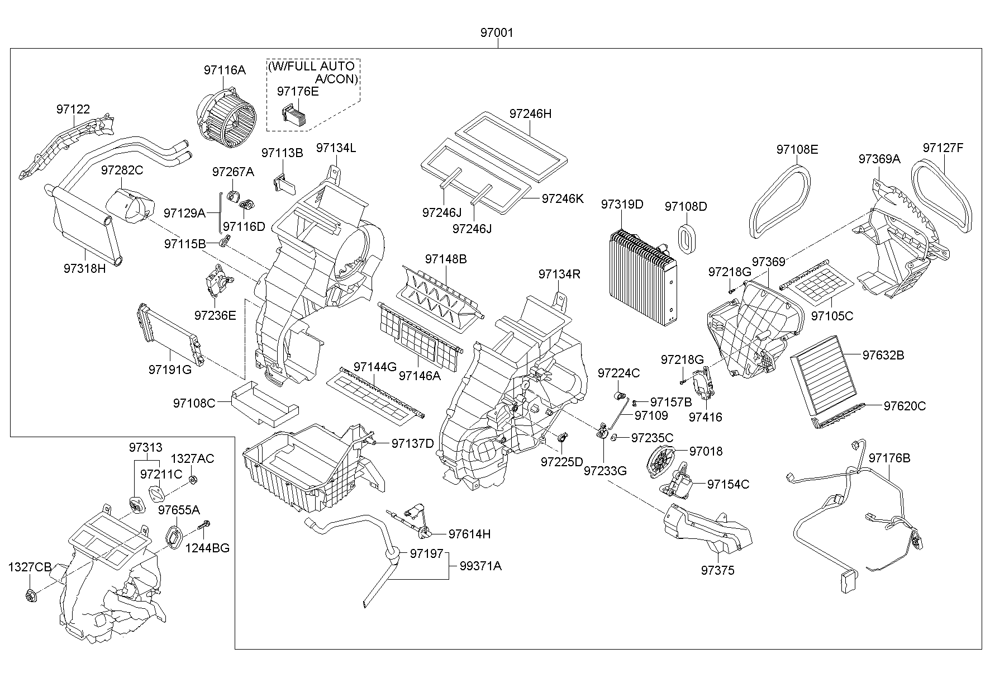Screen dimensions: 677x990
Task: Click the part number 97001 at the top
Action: click(x=496, y=33)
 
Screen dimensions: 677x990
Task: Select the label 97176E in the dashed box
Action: click(x=298, y=91)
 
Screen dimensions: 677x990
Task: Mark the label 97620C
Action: click(x=905, y=406)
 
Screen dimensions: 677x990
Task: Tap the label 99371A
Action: click(x=480, y=566)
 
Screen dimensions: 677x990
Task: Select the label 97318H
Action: click(x=84, y=268)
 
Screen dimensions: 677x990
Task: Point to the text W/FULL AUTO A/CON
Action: click(x=313, y=73)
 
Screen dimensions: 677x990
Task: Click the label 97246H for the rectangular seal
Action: click(x=530, y=113)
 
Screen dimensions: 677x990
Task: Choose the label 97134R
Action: click(x=559, y=274)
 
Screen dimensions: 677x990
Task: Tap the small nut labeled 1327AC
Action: click(x=193, y=479)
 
